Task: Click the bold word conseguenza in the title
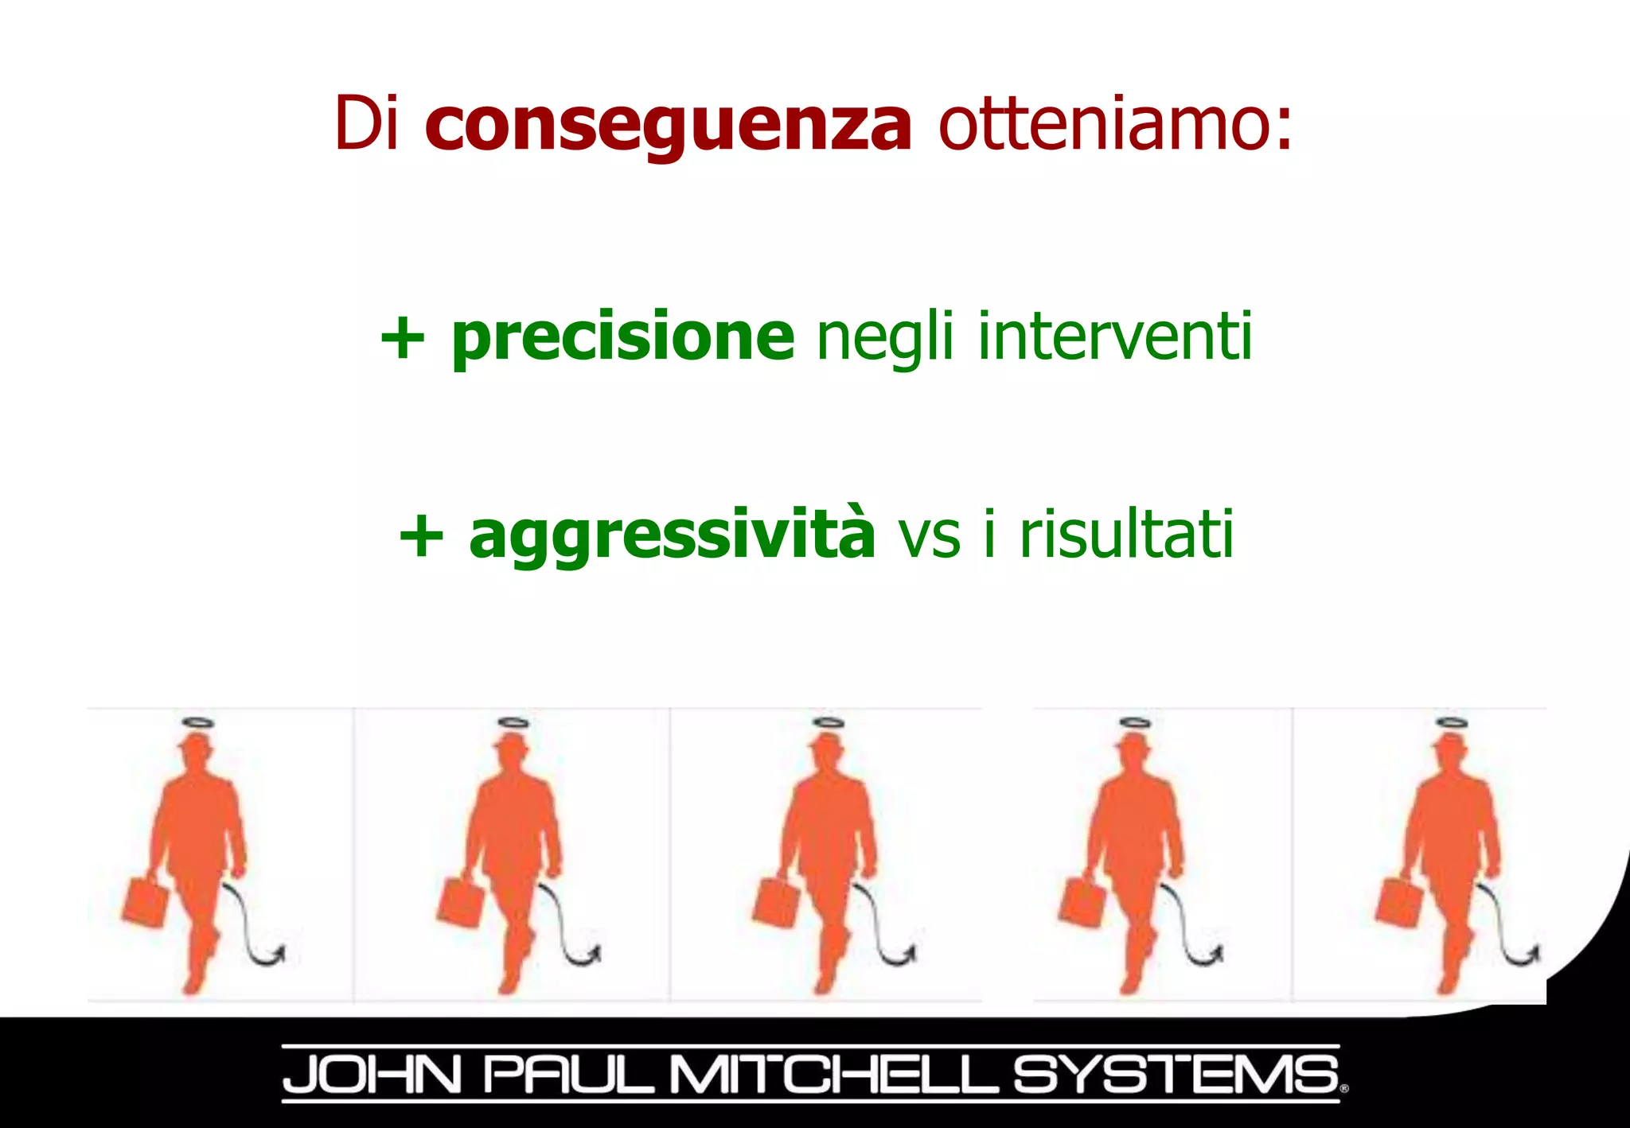pos(668,126)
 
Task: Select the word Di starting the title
pos(365,123)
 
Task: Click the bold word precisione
pos(622,338)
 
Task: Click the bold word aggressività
pos(673,535)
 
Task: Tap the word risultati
pos(1126,535)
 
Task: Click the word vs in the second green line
pos(929,538)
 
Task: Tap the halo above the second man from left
pos(513,723)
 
